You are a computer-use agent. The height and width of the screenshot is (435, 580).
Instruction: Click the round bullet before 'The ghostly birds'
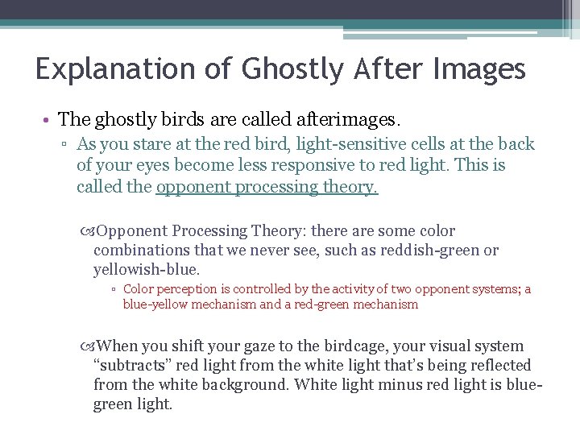click(49, 119)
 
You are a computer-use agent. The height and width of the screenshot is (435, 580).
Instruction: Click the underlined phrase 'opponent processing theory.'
click(267, 188)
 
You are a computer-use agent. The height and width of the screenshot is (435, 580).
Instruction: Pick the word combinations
click(139, 250)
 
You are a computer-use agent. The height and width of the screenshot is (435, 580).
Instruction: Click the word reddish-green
click(433, 250)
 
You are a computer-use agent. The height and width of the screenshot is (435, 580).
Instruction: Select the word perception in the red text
click(185, 289)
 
